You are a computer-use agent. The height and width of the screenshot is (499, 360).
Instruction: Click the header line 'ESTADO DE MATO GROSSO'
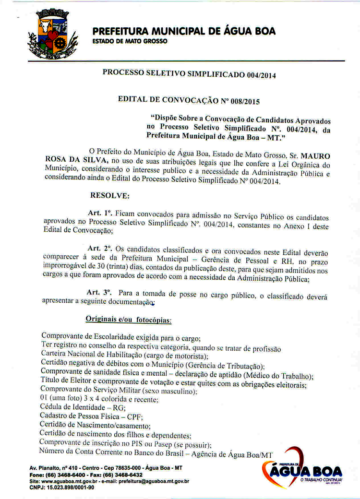coord(130,42)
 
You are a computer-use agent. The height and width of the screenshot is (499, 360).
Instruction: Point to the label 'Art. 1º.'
coord(100,213)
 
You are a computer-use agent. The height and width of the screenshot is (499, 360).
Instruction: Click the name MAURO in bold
coord(316,156)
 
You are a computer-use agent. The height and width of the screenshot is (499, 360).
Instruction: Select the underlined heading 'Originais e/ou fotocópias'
coord(128,319)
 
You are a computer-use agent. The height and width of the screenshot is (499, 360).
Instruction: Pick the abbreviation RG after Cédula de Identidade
coord(118,407)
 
